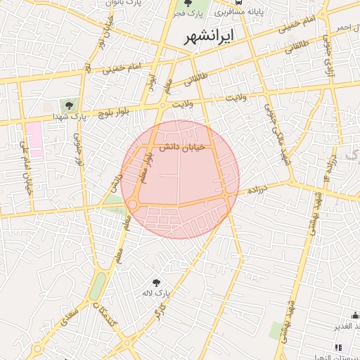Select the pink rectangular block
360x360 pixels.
(34, 139)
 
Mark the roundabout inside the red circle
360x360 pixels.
(132, 205)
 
